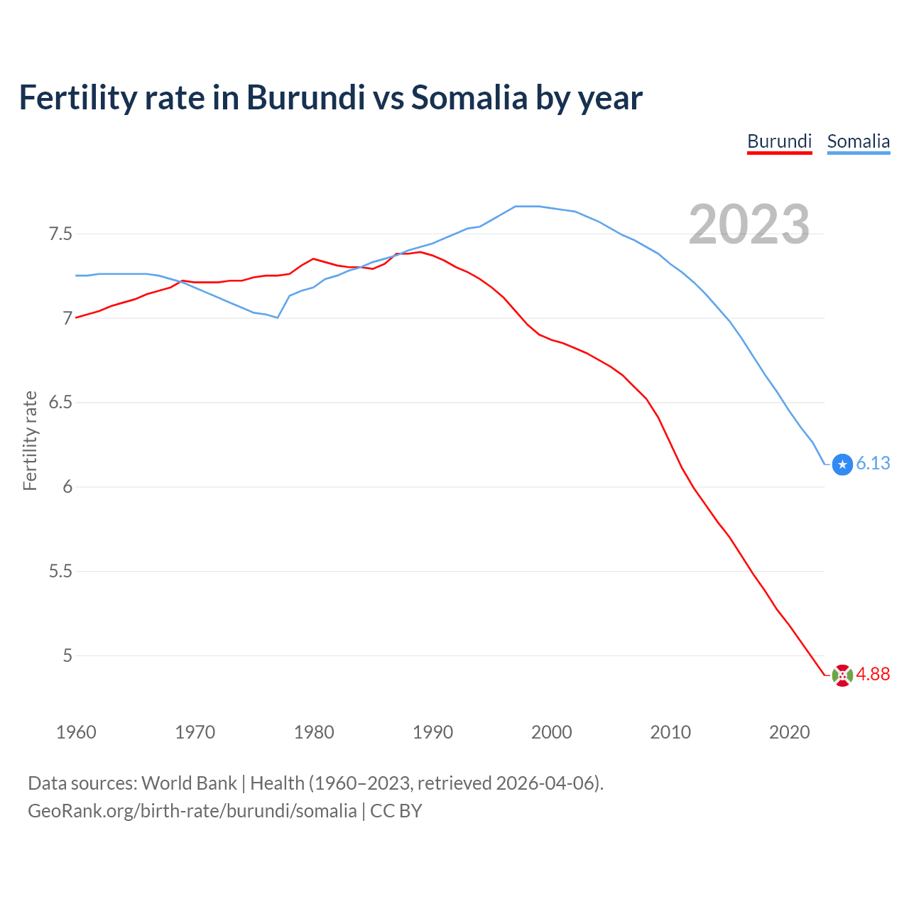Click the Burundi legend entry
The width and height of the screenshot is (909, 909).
pos(779,141)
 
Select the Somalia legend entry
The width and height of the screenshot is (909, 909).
pos(858,141)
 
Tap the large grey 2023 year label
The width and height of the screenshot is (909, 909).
pos(749,224)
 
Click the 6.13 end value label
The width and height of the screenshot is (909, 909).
pos(873,463)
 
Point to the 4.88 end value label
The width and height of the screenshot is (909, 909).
pos(873,674)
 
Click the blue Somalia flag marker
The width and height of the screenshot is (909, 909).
pos(842,464)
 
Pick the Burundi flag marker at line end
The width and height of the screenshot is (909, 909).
pos(842,675)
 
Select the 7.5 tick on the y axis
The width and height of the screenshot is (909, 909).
pos(60,234)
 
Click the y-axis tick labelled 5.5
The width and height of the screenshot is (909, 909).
pos(60,571)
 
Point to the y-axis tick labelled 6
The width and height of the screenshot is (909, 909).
pos(67,487)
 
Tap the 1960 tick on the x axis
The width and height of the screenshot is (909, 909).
pos(76,732)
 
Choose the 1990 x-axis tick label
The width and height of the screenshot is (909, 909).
pos(432,732)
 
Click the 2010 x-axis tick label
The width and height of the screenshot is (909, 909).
pos(670,732)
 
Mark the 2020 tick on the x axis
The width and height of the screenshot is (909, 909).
pos(789,732)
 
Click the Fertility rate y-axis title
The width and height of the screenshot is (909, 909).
pos(30,440)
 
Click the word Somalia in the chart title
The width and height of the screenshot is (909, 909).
pos(469,97)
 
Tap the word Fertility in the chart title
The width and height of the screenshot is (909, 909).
pos(77,97)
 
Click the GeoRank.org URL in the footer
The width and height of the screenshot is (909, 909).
pos(192,811)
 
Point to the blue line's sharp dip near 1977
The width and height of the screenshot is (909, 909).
pos(277,317)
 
